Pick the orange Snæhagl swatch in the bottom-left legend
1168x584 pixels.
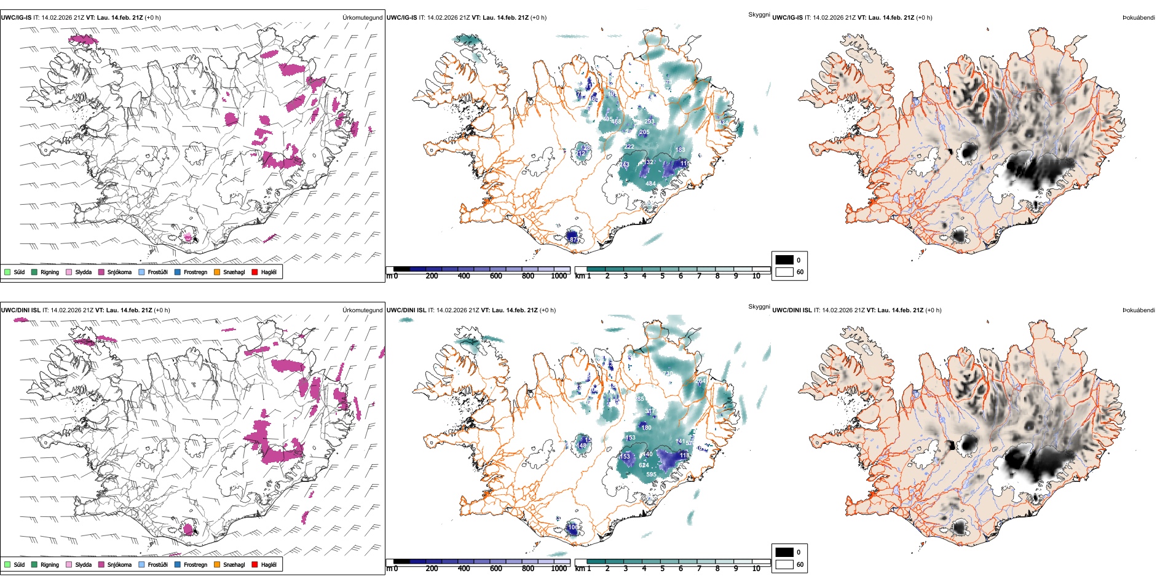(217, 564)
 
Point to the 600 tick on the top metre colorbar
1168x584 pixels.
(495, 276)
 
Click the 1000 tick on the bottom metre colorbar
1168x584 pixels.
(559, 569)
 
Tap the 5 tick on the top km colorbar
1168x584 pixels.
(662, 276)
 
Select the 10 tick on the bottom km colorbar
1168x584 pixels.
(756, 569)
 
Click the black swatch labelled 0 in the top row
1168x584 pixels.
(784, 260)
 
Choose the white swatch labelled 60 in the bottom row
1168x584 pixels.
(784, 564)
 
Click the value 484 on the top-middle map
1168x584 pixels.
(650, 183)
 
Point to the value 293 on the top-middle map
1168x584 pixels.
(649, 121)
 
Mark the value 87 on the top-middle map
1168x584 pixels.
(574, 239)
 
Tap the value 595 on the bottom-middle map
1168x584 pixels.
(651, 474)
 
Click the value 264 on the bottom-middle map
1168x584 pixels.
(701, 381)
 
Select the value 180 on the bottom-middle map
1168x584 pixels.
(646, 427)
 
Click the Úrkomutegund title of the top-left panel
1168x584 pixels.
(362, 18)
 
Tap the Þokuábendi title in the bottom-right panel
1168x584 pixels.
(1138, 310)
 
